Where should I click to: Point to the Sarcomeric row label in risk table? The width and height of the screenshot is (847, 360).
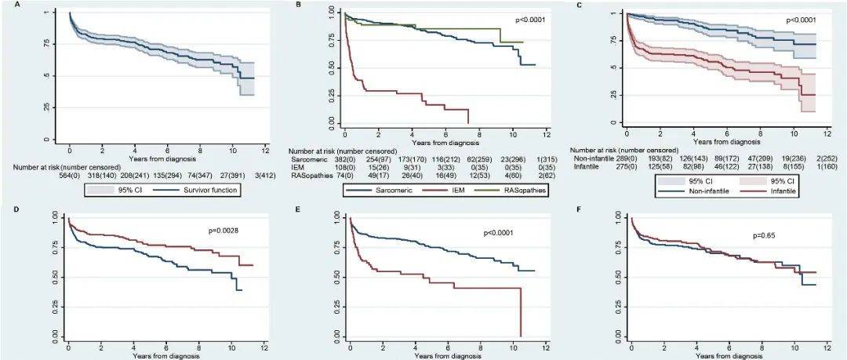[x=307, y=158]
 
